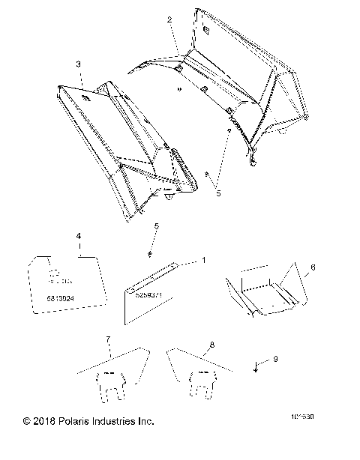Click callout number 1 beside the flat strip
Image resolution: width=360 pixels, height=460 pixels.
tap(202, 260)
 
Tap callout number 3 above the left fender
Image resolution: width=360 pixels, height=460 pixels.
tap(79, 65)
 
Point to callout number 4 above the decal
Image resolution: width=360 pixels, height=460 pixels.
tap(78, 237)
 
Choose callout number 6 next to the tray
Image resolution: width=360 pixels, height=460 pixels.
tap(313, 267)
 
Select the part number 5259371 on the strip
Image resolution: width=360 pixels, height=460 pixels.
tap(150, 294)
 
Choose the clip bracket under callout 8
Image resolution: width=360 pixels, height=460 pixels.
tap(205, 384)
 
